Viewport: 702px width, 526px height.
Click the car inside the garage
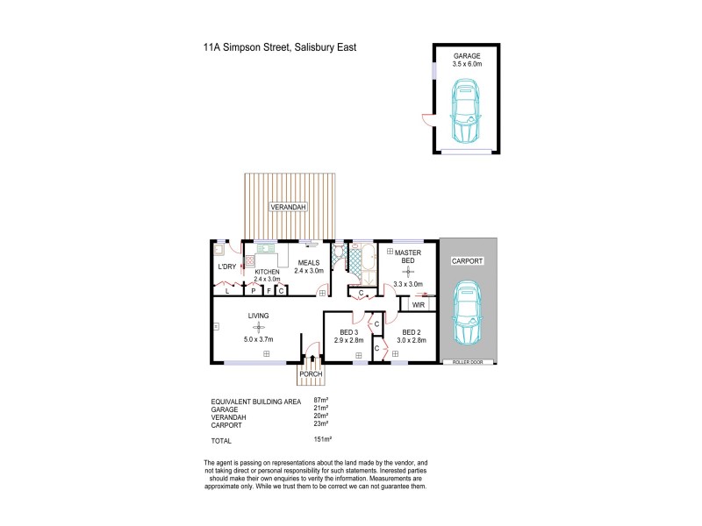[x=466, y=111]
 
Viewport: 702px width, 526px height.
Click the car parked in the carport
[x=468, y=316]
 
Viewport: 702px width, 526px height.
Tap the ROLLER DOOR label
[x=468, y=362]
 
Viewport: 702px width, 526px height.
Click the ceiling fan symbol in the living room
[x=258, y=327]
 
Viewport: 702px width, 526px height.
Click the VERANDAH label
[x=289, y=206]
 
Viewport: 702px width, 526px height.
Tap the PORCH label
[x=311, y=374]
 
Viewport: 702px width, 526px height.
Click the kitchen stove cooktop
[x=249, y=260]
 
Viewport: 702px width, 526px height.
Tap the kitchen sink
[x=266, y=247]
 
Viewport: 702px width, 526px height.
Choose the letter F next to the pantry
[x=268, y=290]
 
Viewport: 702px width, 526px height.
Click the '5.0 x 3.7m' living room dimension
[x=258, y=338]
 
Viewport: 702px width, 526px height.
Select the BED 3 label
[x=348, y=332]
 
